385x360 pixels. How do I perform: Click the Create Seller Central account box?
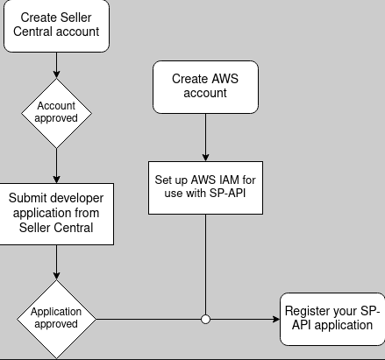[x=56, y=25]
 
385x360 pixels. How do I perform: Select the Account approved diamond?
[x=56, y=113]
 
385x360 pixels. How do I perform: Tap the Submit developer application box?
[x=56, y=214]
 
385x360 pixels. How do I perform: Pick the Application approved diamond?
[x=56, y=319]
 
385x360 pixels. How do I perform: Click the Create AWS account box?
[x=205, y=87]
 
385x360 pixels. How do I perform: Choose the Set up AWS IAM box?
[x=205, y=187]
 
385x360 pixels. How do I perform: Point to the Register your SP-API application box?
[x=332, y=319]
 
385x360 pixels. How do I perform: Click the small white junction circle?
[x=205, y=319]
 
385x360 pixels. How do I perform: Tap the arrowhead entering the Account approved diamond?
[x=56, y=74]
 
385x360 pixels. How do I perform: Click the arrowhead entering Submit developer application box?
[x=56, y=180]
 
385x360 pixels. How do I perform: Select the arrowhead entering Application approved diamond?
[x=56, y=276]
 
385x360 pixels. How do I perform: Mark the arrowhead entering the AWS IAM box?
[x=205, y=158]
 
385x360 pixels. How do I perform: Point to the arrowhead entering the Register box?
[x=276, y=319]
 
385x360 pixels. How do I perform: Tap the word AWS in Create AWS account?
[x=225, y=79]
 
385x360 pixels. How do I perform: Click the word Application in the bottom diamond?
[x=56, y=312]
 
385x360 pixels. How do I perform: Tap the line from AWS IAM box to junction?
[x=205, y=265]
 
